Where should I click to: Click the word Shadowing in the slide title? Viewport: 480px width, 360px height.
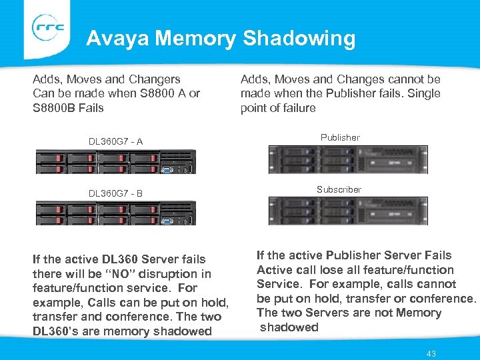pos(299,39)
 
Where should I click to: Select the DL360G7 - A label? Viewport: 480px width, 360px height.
pos(116,141)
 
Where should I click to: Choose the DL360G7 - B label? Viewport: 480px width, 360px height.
pos(116,194)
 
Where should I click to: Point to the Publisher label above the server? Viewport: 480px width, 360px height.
pos(340,138)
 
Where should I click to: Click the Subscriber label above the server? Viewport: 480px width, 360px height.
pos(339,190)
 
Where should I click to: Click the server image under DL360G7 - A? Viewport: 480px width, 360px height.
pos(115,161)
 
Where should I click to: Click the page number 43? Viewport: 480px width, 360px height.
pos(431,353)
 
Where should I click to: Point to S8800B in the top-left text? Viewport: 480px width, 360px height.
pos(54,108)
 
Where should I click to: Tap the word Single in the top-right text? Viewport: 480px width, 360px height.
pos(423,93)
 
